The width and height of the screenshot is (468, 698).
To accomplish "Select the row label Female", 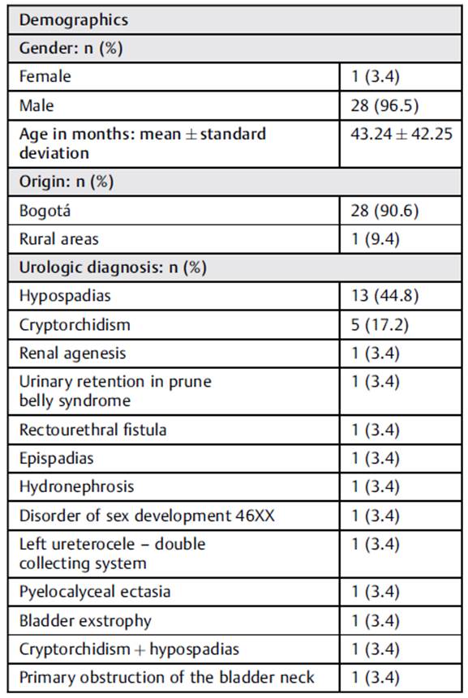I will pyautogui.click(x=45, y=76).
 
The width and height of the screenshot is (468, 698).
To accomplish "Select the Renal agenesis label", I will pyautogui.click(x=71, y=353).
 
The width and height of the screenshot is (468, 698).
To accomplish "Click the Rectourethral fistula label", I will pyautogui.click(x=93, y=430).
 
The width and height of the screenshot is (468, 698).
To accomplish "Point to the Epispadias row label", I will pyautogui.click(x=56, y=458).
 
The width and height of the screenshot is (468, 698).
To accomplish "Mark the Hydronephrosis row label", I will pyautogui.click(x=76, y=486).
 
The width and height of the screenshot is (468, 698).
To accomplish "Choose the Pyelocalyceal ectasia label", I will pyautogui.click(x=95, y=592).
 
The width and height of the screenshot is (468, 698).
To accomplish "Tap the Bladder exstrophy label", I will pyautogui.click(x=85, y=620).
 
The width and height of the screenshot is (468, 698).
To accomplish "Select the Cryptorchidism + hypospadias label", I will pyautogui.click(x=129, y=649).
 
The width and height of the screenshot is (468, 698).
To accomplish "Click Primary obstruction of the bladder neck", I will pyautogui.click(x=166, y=678).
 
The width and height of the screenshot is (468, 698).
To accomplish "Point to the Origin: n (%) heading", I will pyautogui.click(x=67, y=182).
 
